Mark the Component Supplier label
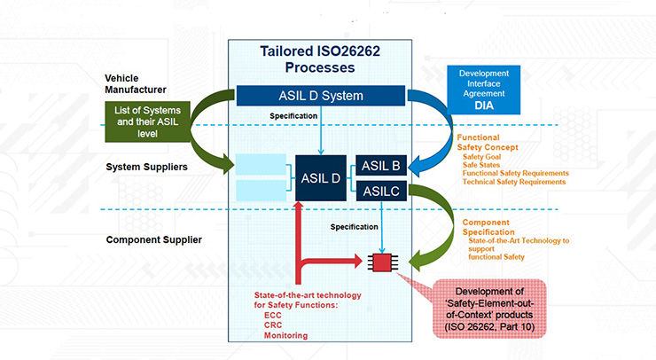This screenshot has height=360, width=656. [153, 239]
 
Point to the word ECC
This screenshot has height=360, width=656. [272, 315]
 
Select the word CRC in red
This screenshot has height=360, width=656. [273, 325]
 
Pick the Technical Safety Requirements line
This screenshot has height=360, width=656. [514, 181]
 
